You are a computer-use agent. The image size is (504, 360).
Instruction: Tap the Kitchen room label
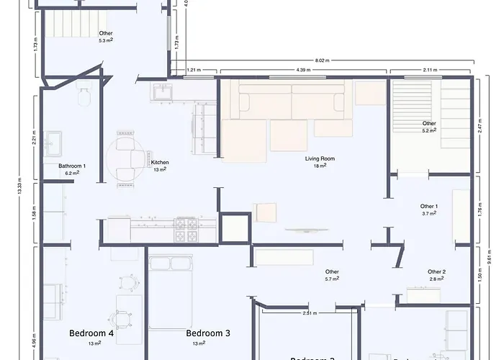click(x=160, y=163)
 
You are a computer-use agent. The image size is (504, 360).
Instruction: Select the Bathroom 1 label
click(x=72, y=166)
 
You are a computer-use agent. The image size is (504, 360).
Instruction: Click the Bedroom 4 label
click(x=91, y=333)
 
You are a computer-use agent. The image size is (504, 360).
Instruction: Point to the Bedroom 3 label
click(x=208, y=333)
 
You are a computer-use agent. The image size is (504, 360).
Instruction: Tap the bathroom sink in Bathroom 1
click(x=55, y=143)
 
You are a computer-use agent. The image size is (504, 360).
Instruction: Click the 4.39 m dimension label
click(x=303, y=70)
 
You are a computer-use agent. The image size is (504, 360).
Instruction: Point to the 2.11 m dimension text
click(x=430, y=70)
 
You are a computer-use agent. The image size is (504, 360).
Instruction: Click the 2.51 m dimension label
click(x=310, y=313)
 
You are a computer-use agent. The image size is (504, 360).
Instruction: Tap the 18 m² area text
click(x=320, y=166)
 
